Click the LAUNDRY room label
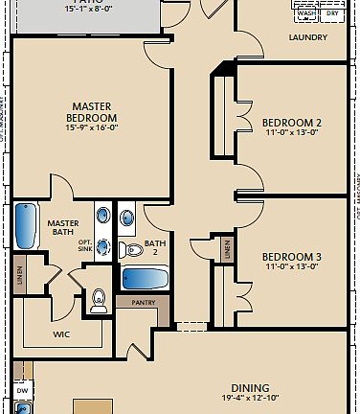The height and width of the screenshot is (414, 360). tap(307, 37)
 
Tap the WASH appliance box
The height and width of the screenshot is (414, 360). tap(306, 12)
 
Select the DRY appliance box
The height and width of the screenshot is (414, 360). tap(331, 12)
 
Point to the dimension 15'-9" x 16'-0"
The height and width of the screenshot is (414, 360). tap(92, 127)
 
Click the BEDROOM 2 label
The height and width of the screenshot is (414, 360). tap(291, 123)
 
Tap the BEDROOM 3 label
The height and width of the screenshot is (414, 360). tap(291, 257)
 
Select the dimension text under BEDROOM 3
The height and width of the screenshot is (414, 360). tap(291, 267)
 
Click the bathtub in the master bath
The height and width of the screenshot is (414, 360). tap(26, 227)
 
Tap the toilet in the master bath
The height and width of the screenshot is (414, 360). tap(97, 303)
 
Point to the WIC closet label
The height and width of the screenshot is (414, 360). tap(60, 334)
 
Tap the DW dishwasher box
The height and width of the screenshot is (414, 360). tap(21, 391)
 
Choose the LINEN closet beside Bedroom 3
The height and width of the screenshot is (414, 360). tap(226, 248)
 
